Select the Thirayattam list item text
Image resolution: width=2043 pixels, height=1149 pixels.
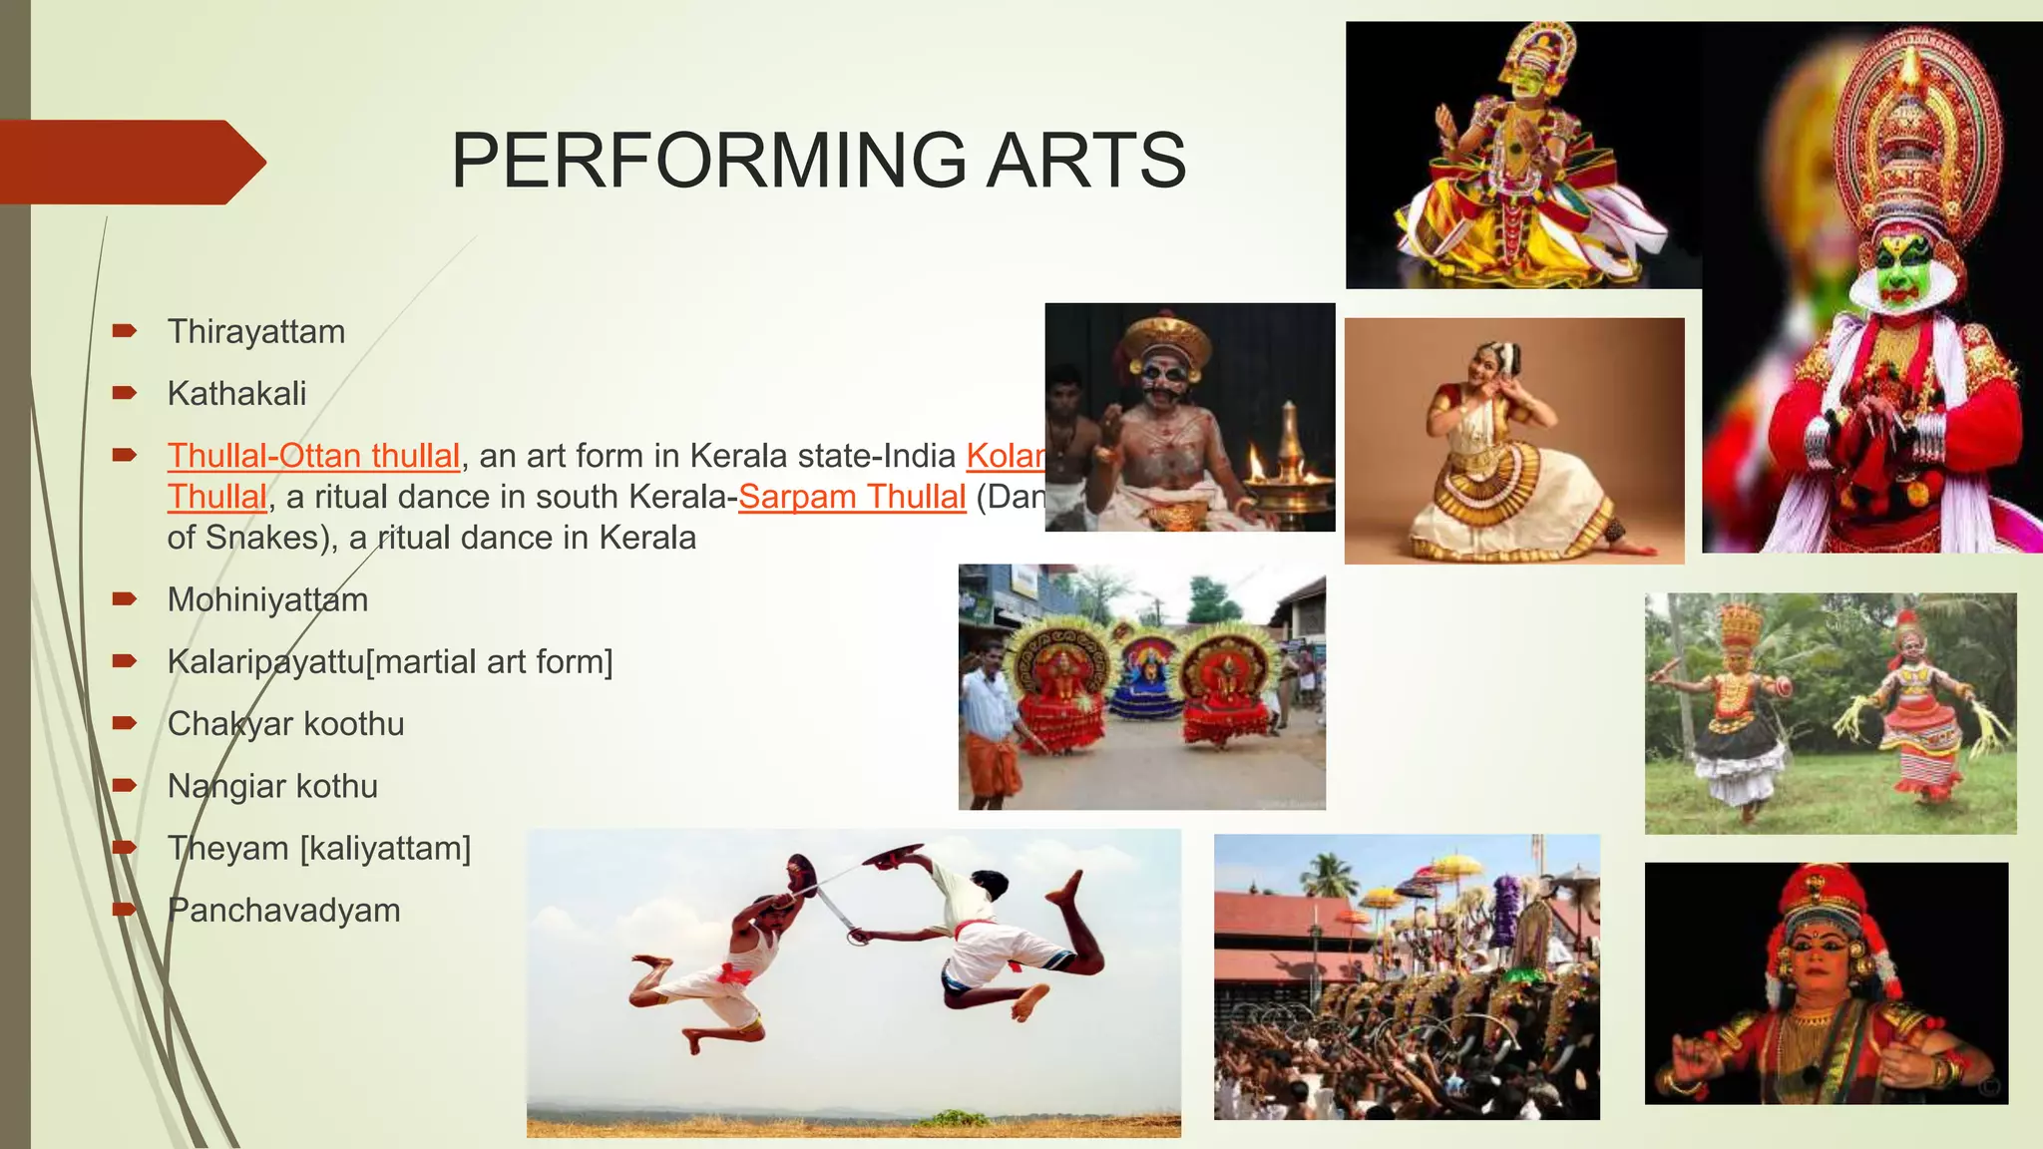(256, 332)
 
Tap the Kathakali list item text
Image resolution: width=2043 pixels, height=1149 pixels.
(236, 394)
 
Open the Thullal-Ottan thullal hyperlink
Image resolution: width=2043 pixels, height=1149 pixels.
(313, 456)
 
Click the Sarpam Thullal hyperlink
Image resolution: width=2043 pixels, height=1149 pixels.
(852, 497)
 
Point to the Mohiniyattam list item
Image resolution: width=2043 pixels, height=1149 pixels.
(267, 600)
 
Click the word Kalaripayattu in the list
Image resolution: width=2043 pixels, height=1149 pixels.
(265, 662)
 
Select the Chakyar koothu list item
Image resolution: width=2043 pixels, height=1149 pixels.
(285, 724)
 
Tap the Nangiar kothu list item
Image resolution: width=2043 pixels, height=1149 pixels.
(272, 786)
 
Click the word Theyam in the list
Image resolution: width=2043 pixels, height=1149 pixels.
(228, 849)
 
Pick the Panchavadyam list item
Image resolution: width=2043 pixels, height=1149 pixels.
(283, 911)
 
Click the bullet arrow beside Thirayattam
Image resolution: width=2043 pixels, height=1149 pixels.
(124, 330)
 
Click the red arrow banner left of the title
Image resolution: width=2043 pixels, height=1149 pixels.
(130, 162)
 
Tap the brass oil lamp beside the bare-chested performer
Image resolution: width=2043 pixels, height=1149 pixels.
(1289, 469)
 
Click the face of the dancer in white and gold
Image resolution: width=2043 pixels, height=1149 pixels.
(1481, 360)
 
